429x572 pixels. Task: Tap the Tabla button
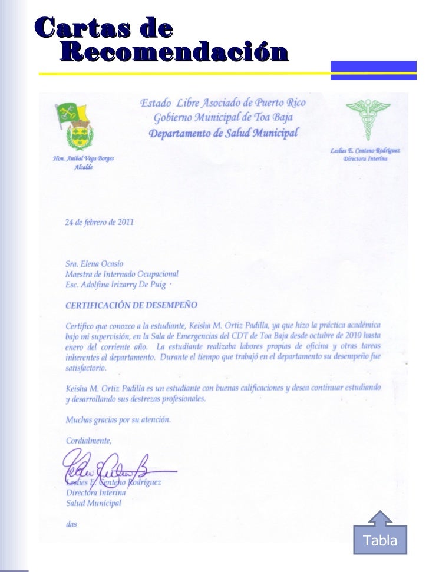(x=381, y=540)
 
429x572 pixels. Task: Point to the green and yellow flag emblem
(x=71, y=113)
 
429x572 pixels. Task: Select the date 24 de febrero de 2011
(x=100, y=223)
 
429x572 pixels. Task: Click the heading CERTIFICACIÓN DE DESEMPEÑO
(x=131, y=305)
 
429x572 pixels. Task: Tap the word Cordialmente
(x=88, y=439)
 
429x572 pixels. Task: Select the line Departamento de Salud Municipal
(x=223, y=133)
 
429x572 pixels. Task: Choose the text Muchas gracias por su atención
(x=118, y=420)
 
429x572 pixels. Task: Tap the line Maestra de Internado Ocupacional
(x=121, y=274)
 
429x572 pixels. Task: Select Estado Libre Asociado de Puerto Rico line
(x=223, y=103)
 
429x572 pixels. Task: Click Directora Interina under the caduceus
(x=365, y=160)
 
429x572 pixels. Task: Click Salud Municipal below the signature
(x=94, y=503)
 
